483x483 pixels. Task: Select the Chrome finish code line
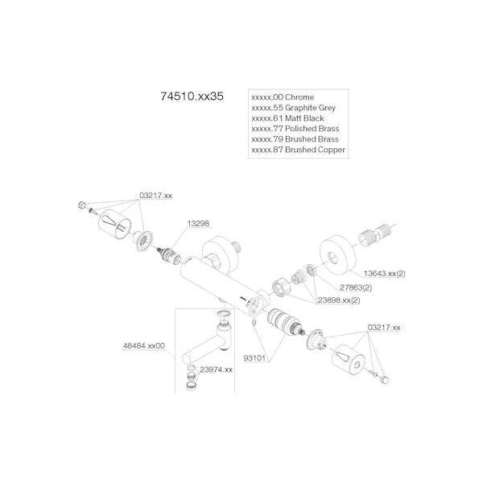(x=283, y=97)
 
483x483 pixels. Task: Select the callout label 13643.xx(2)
(x=384, y=274)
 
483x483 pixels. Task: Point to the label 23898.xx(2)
(x=338, y=300)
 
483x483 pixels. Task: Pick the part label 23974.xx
(x=216, y=369)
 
